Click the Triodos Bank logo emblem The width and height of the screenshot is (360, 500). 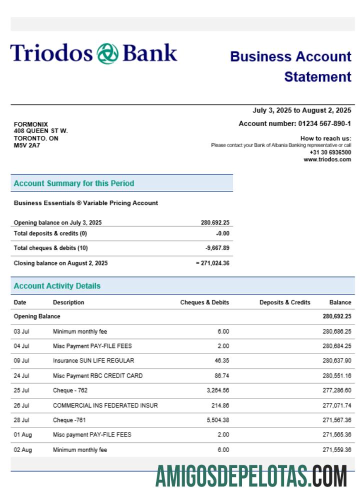pos(107,53)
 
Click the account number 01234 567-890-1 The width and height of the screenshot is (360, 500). pos(324,123)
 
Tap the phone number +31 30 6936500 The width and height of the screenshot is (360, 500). pos(330,152)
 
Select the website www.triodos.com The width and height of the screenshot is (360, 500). pos(327,159)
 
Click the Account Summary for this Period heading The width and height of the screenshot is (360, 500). pos(74,183)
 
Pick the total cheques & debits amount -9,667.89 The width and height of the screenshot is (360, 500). pos(217,248)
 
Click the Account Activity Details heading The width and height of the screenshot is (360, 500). pos(57,286)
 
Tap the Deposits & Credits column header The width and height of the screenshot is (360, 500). pos(285,302)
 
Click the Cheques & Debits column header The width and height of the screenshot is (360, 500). pos(204,302)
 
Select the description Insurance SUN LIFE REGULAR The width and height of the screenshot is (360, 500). pos(93,360)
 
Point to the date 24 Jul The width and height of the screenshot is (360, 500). pos(21,375)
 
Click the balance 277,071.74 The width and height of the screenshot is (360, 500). pos(337,405)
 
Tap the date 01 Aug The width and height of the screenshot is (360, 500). pos(23,435)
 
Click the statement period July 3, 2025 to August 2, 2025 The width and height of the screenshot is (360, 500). pos(301,110)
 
